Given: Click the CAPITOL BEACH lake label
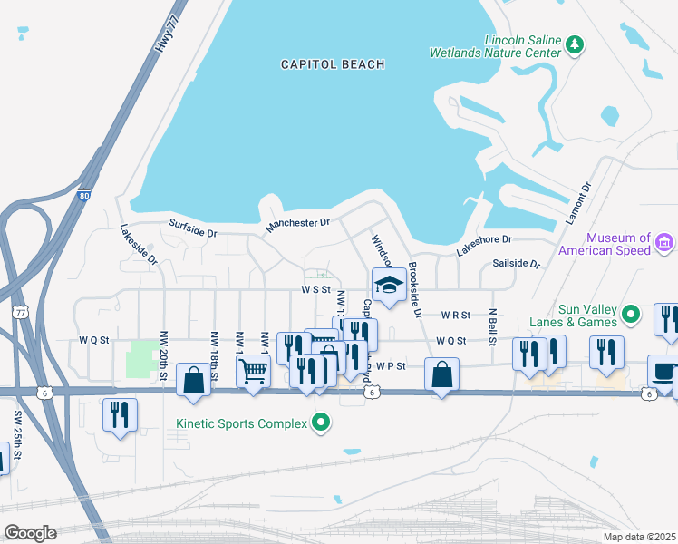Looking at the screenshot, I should [333, 64].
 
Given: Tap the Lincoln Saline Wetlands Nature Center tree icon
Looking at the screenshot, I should [574, 44].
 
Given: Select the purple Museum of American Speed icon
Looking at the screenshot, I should [663, 242].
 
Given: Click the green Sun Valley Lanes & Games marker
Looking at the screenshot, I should [632, 315].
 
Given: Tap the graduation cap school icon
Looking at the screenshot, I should [389, 285].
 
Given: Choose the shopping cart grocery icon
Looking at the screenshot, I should [253, 369].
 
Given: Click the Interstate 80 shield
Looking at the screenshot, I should [84, 194].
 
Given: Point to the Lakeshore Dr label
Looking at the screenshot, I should [484, 245].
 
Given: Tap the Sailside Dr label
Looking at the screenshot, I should [516, 264].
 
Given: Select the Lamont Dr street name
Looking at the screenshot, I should [580, 197].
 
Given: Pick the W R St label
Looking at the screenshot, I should [456, 316].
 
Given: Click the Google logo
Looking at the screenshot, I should [30, 533].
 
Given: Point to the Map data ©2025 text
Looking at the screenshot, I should [640, 537].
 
